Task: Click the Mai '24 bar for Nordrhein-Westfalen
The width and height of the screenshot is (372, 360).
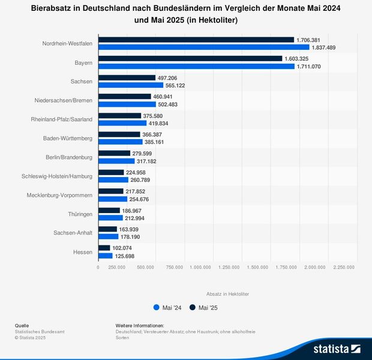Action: click(203, 47)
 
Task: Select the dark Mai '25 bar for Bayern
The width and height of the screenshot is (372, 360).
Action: click(190, 59)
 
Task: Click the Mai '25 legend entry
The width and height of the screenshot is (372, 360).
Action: click(203, 308)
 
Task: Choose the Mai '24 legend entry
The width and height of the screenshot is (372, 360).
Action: click(167, 308)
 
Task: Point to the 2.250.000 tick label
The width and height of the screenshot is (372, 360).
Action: click(344, 268)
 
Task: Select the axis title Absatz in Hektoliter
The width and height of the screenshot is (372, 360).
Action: click(227, 293)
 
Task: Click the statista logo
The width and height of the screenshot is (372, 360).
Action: click(336, 348)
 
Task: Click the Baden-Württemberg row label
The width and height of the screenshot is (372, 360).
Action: click(68, 138)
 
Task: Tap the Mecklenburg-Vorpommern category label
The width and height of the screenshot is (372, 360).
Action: click(59, 195)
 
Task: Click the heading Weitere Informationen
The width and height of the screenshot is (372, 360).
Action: click(139, 325)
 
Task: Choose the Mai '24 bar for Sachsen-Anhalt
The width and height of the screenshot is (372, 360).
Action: click(108, 237)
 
